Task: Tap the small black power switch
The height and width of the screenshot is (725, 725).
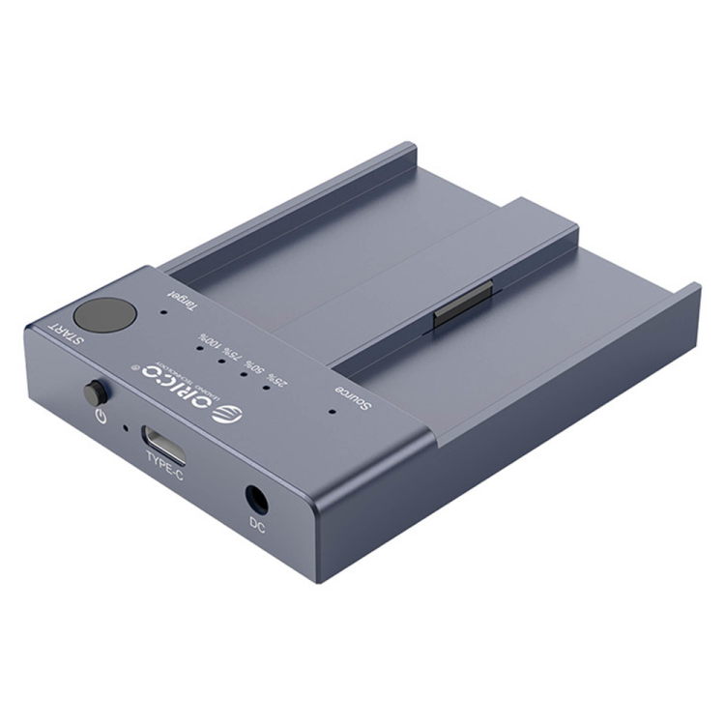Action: [95, 393]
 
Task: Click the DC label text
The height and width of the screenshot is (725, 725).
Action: [257, 525]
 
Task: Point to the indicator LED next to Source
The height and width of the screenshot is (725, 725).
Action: [332, 410]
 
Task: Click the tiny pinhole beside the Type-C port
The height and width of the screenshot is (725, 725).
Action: [124, 423]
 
